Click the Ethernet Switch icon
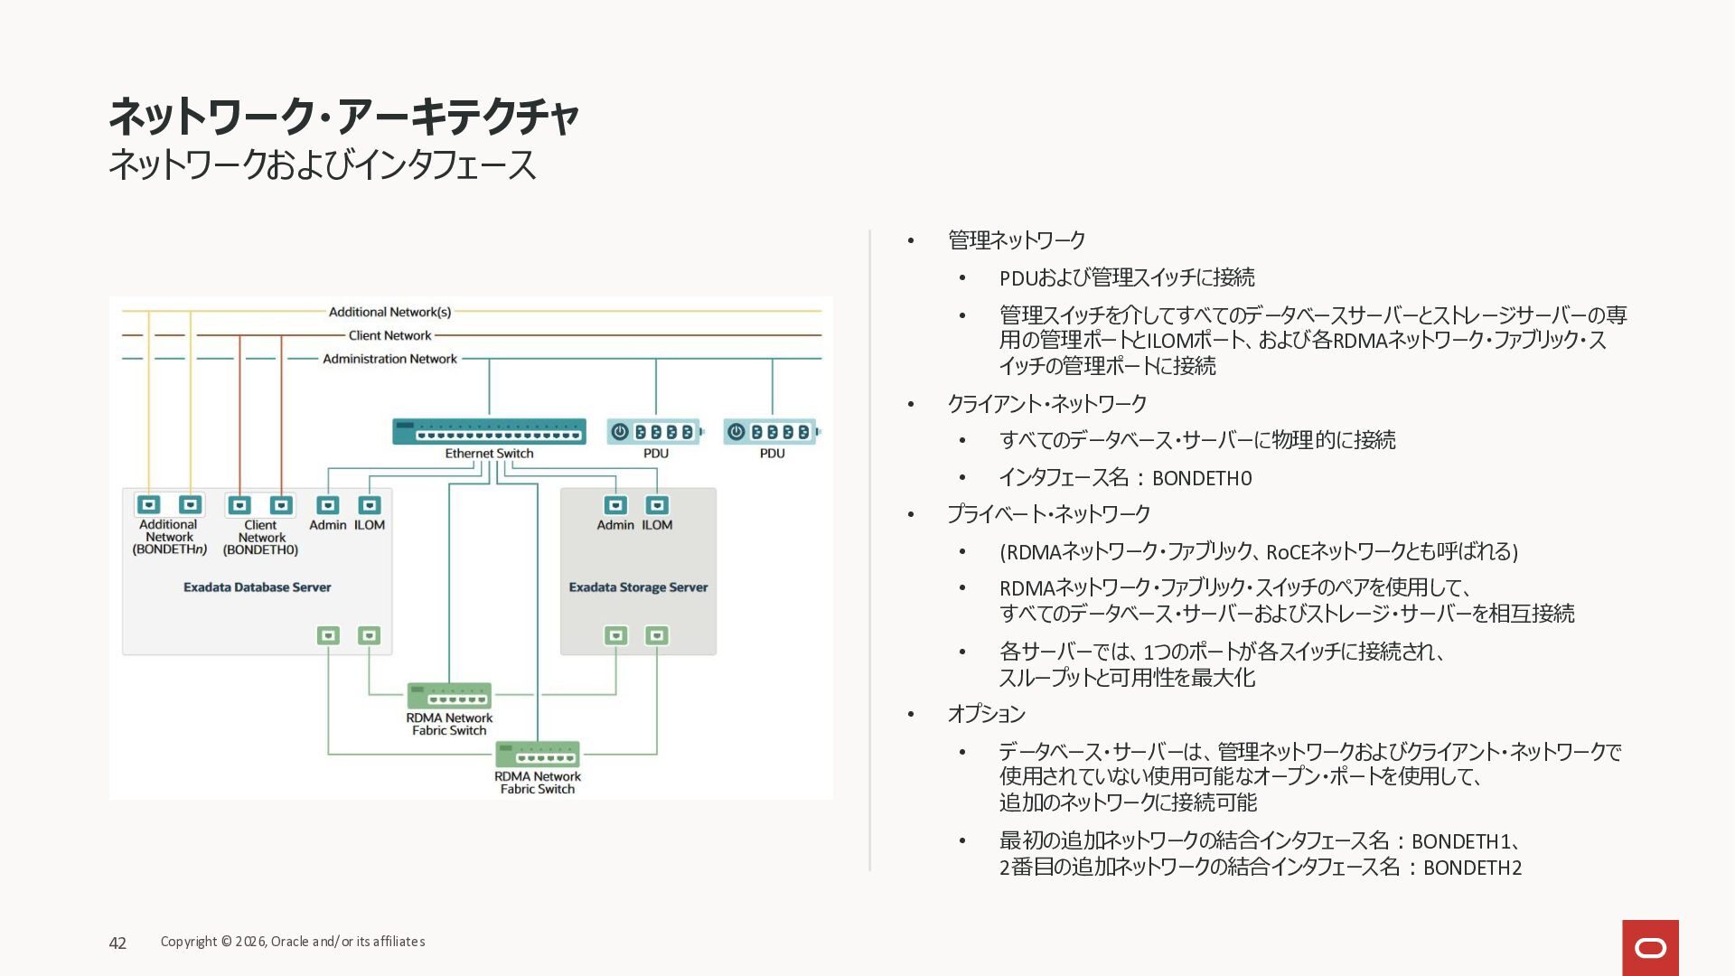tap(489, 431)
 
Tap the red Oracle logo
tap(1650, 947)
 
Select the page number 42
tap(117, 943)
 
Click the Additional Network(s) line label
tap(389, 312)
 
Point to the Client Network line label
tap(389, 335)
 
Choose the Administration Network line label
tap(389, 359)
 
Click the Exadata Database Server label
tap(257, 587)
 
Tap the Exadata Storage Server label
tap(638, 587)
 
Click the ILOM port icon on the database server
tap(370, 505)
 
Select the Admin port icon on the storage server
tap(615, 505)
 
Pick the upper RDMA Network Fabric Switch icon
tap(449, 696)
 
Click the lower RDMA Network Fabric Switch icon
tap(538, 755)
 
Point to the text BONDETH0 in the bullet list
tap(1202, 478)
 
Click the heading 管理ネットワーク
tap(1017, 240)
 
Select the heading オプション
tap(986, 714)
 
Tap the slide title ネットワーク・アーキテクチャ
tap(343, 116)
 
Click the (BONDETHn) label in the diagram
tap(170, 549)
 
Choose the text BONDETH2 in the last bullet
tap(1472, 868)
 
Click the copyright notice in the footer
tap(293, 942)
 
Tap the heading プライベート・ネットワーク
tap(1048, 514)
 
